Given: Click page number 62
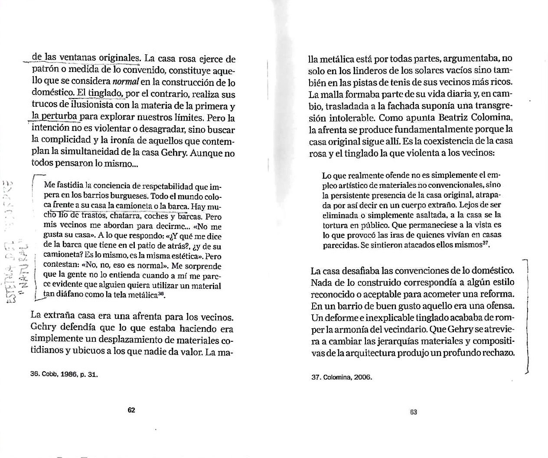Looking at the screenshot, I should click(131, 410).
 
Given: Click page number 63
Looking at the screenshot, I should click(413, 412).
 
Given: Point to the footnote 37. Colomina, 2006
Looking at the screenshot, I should click(342, 377).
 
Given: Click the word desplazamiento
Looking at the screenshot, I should click(147, 340).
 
